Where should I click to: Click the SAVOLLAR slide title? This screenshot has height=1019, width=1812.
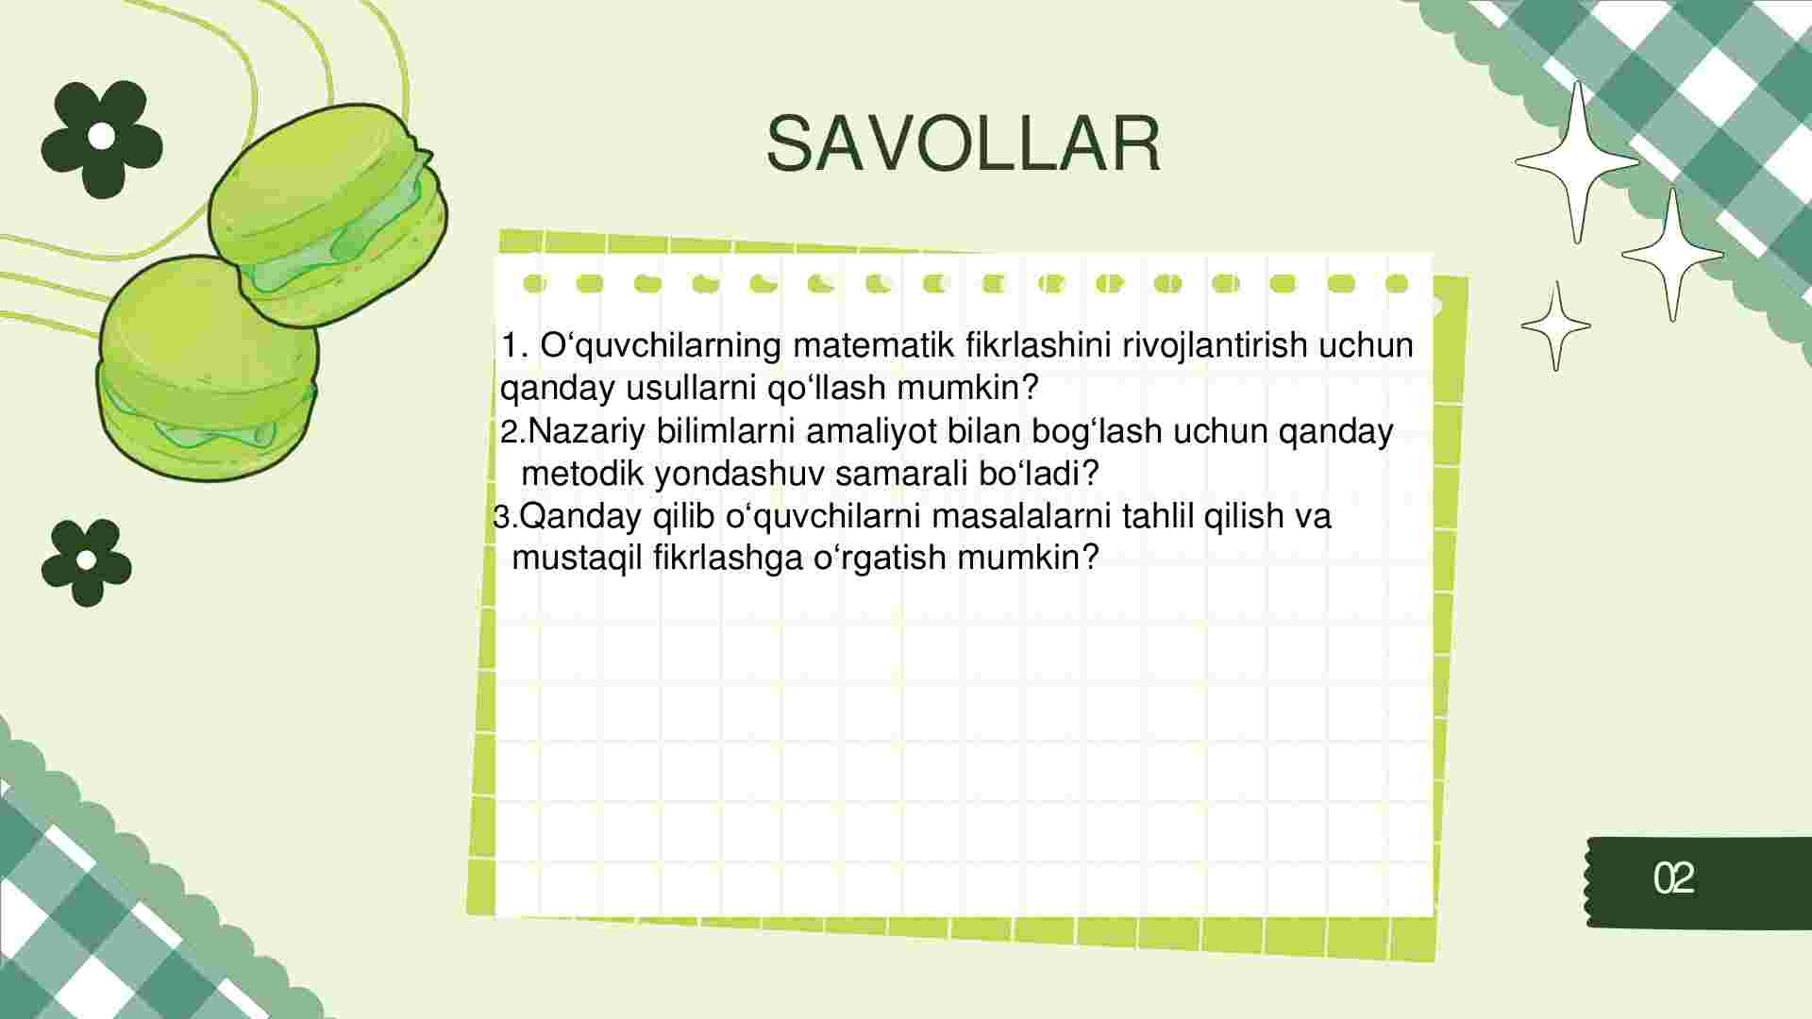point(963,144)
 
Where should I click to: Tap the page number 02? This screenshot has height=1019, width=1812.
point(1674,878)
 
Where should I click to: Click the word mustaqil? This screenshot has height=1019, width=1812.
point(577,558)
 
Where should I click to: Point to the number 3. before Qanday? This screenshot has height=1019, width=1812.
point(506,517)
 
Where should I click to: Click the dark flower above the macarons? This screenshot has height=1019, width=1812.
point(102,139)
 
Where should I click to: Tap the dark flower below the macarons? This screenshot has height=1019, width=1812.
point(86,562)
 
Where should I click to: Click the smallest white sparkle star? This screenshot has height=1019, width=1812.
point(1555,326)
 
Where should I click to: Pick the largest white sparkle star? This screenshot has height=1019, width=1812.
point(1577,162)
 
